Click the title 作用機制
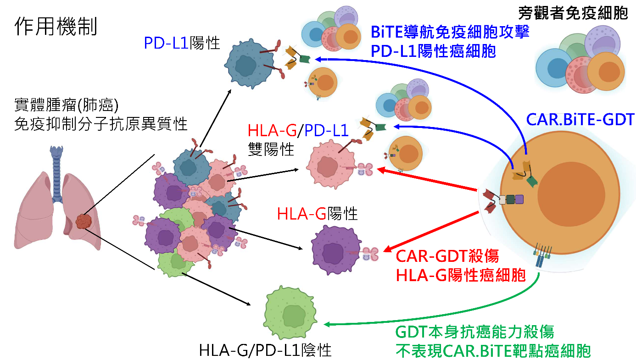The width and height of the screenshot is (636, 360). pos(56,28)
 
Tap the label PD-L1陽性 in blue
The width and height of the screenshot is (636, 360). pos(182,43)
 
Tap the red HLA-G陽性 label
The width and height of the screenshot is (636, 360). pos(317,213)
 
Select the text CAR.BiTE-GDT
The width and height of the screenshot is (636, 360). pos(580,120)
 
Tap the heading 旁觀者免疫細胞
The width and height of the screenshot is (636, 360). pos(573,13)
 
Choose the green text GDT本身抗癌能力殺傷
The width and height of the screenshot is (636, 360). pos(475,331)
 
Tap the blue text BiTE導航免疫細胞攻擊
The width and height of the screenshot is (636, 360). pos(451,32)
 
